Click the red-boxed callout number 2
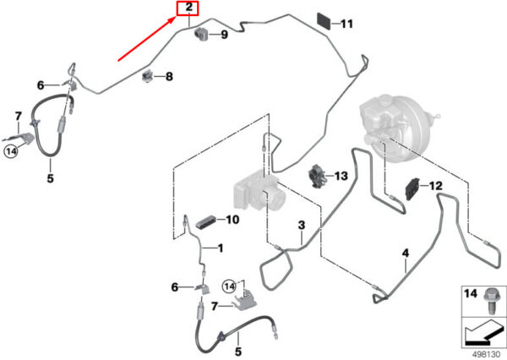pos(188,10)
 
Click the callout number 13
pos(341,176)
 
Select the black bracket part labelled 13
pos(318,177)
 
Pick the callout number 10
pos(232,220)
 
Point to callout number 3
pos(300,225)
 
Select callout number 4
pos(405,253)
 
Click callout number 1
pos(221,248)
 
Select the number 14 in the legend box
pos(470,293)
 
